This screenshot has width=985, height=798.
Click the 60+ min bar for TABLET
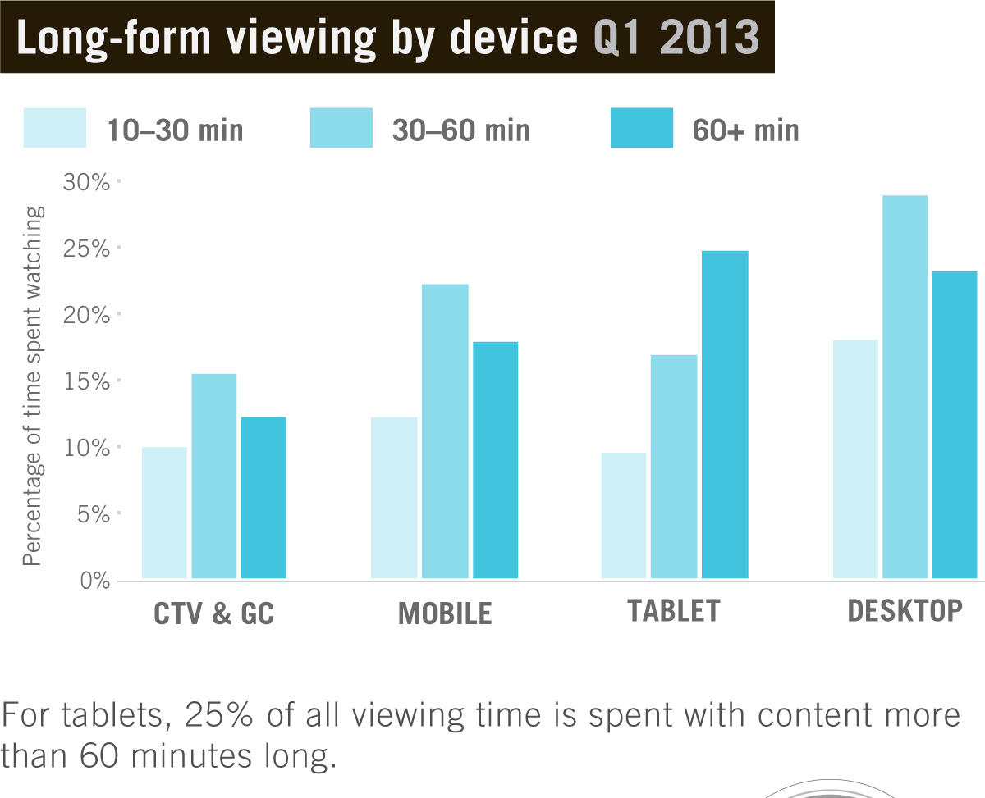coord(725,414)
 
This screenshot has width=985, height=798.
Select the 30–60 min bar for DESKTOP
coord(905,386)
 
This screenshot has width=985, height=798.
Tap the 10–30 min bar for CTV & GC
coord(164,513)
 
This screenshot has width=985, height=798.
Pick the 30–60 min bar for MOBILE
coord(444,431)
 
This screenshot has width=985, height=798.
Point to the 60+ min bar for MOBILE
coord(495,460)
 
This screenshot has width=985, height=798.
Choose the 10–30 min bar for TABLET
coord(624,515)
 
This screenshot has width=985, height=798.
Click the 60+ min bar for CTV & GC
coord(263,497)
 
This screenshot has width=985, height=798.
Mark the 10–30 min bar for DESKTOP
coord(855,459)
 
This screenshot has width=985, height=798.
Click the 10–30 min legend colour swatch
coord(54,128)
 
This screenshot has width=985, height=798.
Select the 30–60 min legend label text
coord(460,130)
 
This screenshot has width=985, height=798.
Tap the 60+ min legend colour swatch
coord(641,128)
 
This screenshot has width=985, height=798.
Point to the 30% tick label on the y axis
coord(86,181)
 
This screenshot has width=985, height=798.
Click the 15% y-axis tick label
coord(86,381)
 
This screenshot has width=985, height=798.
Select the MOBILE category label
coord(445,613)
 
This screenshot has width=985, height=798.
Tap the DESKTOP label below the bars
coord(905,611)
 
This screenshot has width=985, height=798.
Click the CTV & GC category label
coord(214,614)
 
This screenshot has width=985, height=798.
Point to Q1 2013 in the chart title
coord(676,39)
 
